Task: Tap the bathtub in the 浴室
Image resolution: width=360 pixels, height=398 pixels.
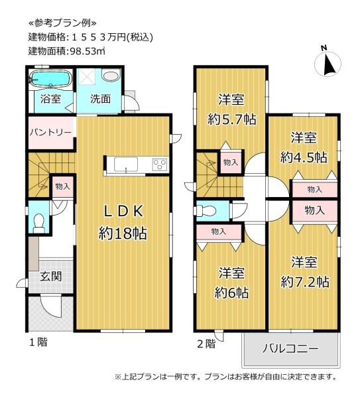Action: pos(50,79)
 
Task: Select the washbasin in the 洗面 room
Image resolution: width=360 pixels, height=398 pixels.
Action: pos(110,76)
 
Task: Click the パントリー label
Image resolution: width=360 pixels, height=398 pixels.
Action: pos(50,133)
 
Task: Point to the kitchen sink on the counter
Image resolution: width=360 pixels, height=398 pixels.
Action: pos(126,165)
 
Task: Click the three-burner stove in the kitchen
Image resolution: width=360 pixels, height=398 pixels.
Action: pos(160,165)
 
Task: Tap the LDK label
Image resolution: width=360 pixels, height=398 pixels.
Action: pos(124,211)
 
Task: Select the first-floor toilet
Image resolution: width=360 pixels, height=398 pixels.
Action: pos(39,224)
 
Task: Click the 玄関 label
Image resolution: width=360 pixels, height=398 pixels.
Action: pos(51,276)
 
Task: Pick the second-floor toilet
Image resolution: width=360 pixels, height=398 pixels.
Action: pos(206,210)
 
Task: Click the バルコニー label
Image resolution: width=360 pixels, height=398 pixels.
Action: pos(290,348)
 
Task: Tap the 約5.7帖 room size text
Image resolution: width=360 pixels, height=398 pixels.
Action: pos(232,119)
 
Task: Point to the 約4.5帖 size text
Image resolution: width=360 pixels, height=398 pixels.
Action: pos(304,157)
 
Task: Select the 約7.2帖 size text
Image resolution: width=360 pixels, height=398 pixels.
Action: pos(305,282)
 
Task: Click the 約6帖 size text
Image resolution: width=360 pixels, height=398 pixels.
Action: pos(231,293)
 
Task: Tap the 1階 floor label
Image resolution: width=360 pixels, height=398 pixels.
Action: pos(38,342)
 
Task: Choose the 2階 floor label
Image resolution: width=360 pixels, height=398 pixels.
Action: pos(206,344)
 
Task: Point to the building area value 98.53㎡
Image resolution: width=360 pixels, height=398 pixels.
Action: pos(86,51)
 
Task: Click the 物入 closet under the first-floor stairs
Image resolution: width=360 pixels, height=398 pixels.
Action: pos(62,186)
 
